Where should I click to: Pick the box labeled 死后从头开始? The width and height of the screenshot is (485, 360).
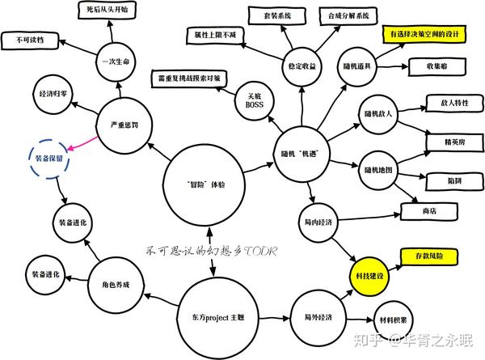coord(112,10)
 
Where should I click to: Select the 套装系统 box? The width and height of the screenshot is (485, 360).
coord(276,15)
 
